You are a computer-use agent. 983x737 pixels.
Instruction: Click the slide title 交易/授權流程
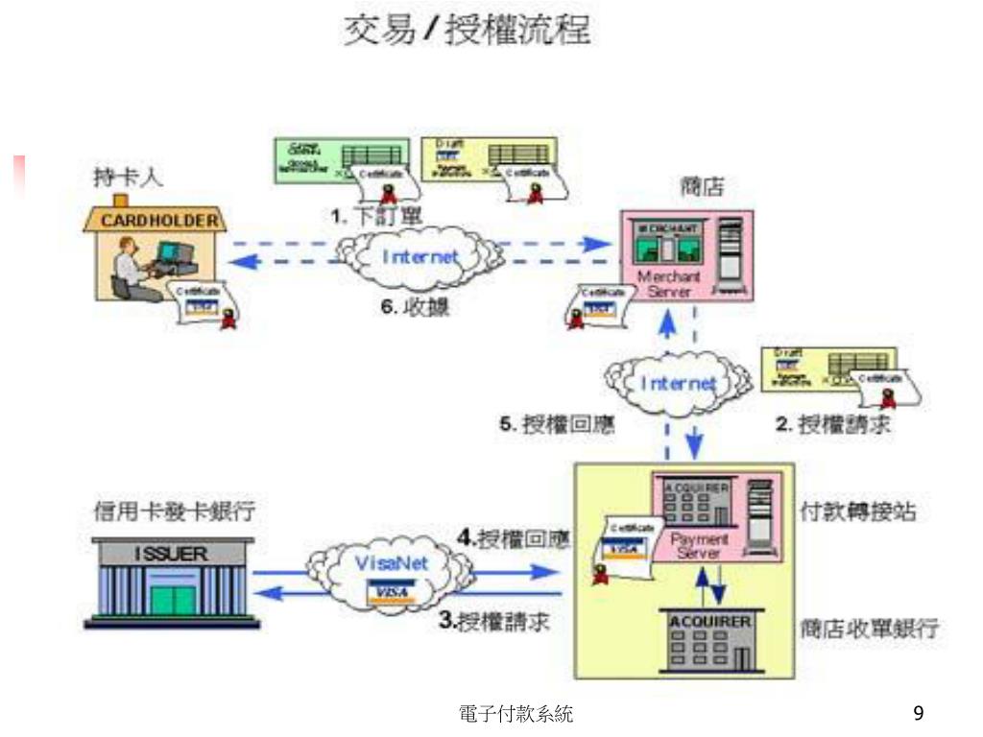pyautogui.click(x=468, y=33)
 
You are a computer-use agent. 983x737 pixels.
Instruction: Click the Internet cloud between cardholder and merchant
pyautogui.click(x=420, y=256)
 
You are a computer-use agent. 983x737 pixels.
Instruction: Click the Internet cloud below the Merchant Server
pyautogui.click(x=679, y=383)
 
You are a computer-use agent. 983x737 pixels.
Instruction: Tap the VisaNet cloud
pyautogui.click(x=392, y=572)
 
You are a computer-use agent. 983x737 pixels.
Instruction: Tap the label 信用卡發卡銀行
pyautogui.click(x=174, y=511)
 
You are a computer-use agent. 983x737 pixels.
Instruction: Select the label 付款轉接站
pyautogui.click(x=858, y=512)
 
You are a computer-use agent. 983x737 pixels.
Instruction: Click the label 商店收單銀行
pyautogui.click(x=870, y=630)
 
